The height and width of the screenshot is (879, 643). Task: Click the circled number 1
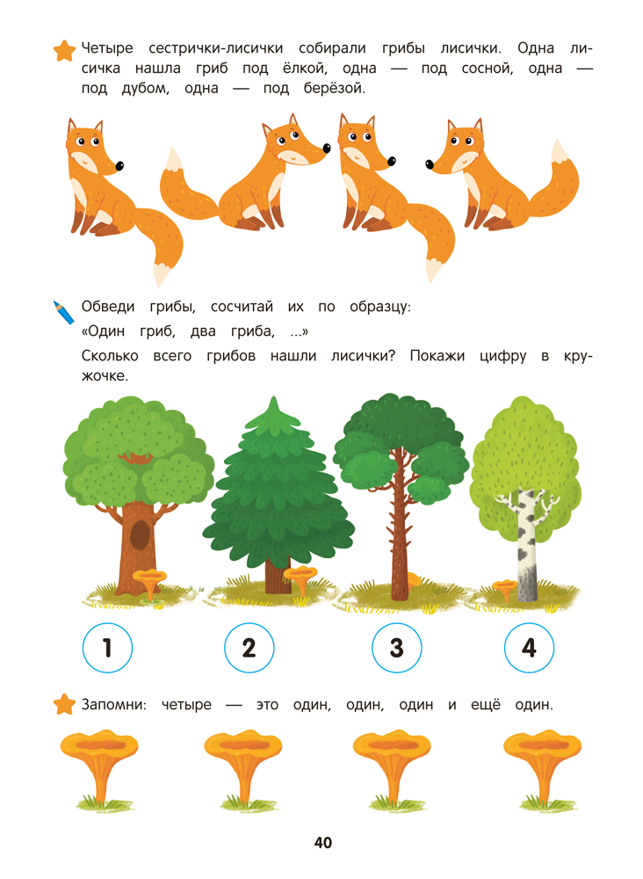tap(107, 648)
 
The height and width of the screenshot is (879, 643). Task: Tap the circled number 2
tap(249, 648)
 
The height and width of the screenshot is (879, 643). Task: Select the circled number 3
tap(396, 648)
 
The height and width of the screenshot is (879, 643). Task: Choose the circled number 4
tap(530, 648)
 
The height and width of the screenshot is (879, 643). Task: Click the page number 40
tap(323, 843)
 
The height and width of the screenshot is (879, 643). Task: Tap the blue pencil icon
tap(63, 312)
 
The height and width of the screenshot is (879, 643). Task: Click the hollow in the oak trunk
tap(140, 534)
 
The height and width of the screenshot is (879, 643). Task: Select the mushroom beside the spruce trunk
tap(300, 579)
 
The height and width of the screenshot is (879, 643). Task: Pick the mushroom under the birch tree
tap(505, 589)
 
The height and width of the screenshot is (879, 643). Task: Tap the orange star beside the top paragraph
tap(64, 50)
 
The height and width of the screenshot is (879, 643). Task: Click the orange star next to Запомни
tap(64, 705)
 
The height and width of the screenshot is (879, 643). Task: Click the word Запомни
tap(113, 705)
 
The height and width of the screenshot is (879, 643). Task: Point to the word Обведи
tap(108, 307)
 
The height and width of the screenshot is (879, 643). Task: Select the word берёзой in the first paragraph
tap(335, 89)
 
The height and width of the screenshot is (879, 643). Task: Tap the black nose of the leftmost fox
tap(119, 166)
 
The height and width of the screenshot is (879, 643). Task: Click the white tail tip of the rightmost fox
tap(559, 152)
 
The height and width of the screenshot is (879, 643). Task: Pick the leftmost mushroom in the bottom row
tap(99, 769)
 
